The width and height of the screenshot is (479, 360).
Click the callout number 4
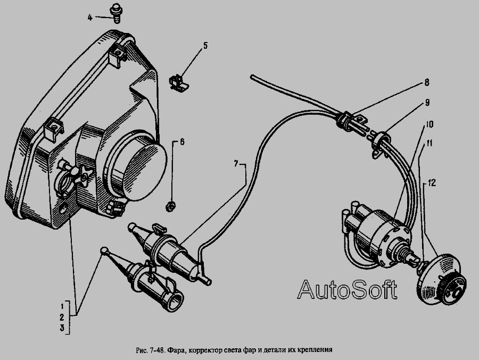tap(90, 18)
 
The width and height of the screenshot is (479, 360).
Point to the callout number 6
tap(181, 142)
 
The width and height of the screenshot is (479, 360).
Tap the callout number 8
tap(426, 82)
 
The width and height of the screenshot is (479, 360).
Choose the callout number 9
tap(427, 101)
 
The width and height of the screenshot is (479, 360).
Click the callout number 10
tap(428, 124)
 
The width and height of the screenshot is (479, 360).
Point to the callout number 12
tap(431, 182)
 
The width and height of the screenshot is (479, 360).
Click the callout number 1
tap(62, 306)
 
